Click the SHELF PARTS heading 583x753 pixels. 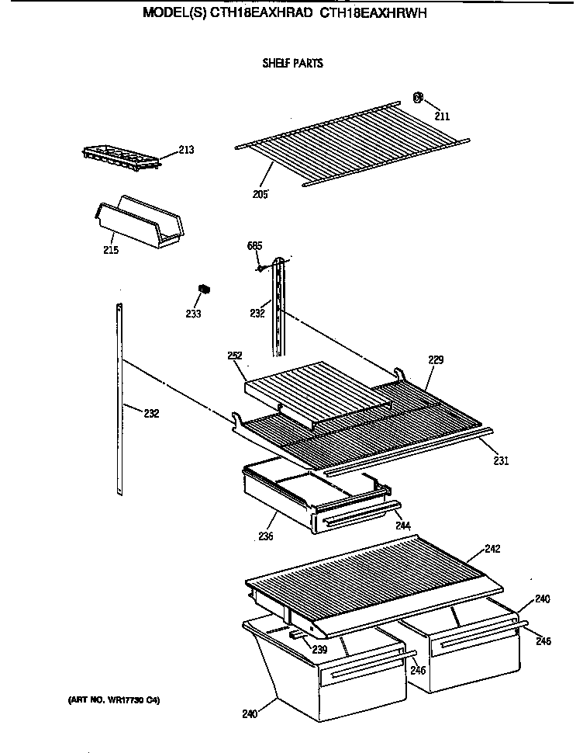tap(292, 64)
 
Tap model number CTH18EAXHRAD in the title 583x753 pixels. tap(255, 13)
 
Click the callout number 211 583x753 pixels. tap(442, 116)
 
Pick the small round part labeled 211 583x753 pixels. tap(418, 98)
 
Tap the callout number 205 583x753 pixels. tap(260, 193)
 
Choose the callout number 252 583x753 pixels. tap(236, 356)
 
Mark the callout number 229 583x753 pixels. tap(436, 359)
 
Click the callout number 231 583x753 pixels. tap(501, 460)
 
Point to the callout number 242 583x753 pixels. tap(492, 549)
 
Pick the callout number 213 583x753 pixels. tap(186, 150)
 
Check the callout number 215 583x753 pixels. tap(111, 250)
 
